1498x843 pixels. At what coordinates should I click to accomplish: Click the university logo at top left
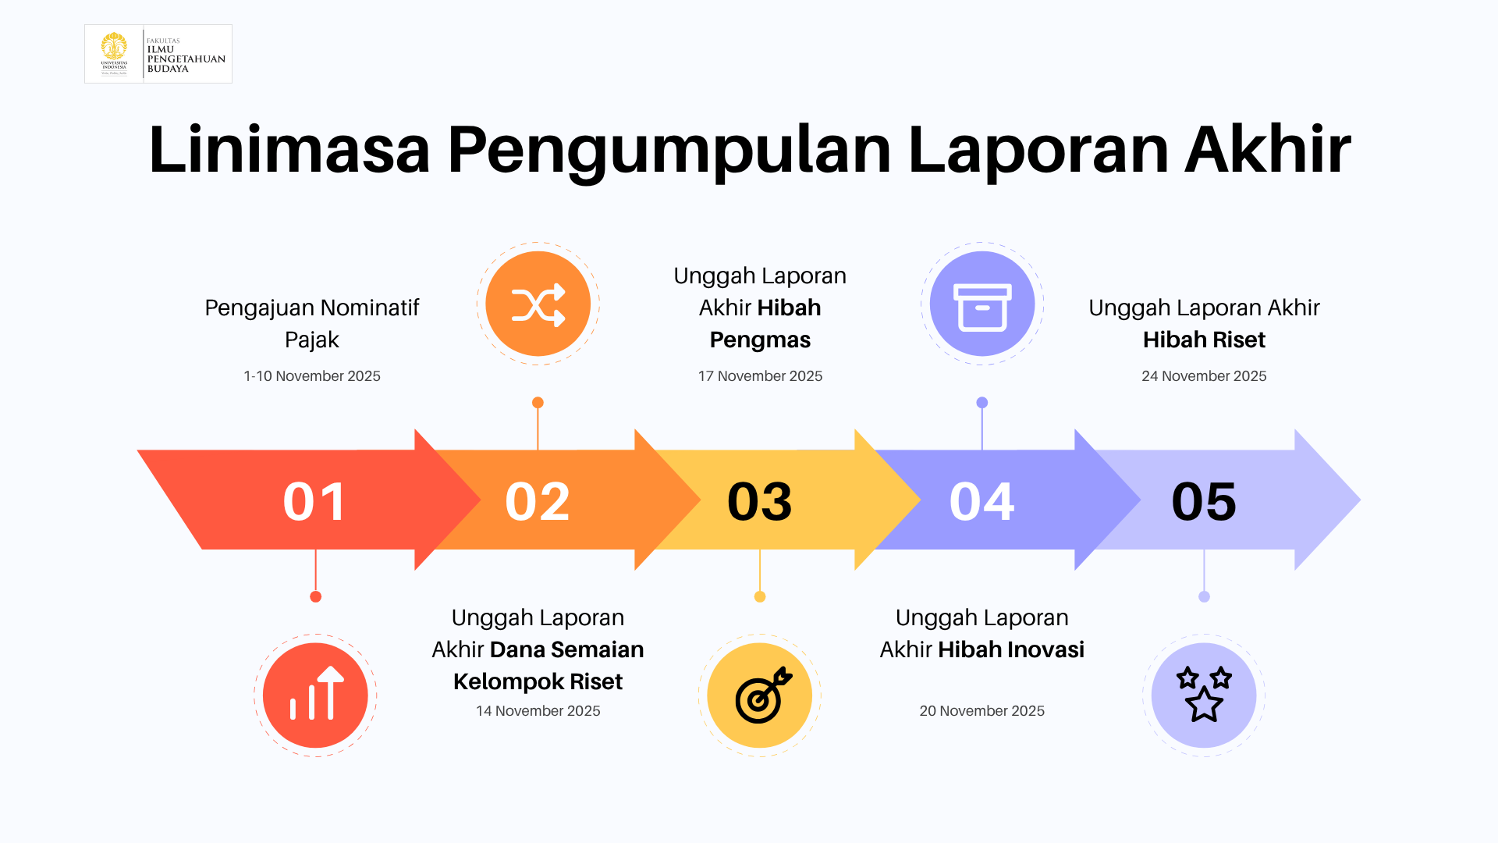pos(158,54)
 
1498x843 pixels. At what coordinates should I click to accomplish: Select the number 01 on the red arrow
pos(315,501)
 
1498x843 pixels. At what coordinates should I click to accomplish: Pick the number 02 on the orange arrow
pos(538,501)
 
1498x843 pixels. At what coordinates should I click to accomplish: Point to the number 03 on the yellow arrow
pos(760,501)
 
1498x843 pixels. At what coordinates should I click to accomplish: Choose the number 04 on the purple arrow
pos(982,501)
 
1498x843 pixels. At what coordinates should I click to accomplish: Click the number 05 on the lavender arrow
pos(1204,501)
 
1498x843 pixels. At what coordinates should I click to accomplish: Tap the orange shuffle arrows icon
pos(538,304)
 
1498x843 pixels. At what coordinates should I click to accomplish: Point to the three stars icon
pos(1204,695)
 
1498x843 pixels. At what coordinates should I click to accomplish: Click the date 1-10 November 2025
pos(312,376)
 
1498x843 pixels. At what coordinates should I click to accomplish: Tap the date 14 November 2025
pos(538,711)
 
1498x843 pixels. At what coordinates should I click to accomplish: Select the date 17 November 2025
pos(760,376)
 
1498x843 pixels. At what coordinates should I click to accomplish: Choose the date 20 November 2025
pos(982,711)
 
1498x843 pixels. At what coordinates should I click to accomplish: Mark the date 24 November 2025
pos(1204,376)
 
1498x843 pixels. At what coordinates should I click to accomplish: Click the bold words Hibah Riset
pos(1204,340)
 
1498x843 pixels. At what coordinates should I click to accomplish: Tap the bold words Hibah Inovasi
pos(1011,649)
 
